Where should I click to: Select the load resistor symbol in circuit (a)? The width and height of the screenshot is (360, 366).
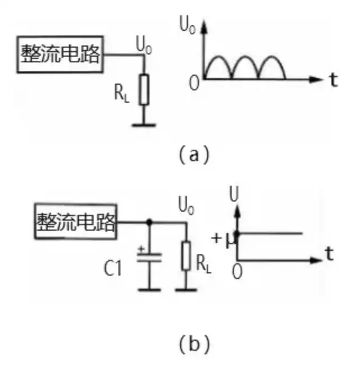pos(144,89)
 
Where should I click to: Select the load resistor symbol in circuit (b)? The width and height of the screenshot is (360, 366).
pos(186,256)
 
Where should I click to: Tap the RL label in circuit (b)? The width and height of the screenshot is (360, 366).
pos(204,264)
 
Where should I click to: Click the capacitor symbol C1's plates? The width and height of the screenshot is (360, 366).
pos(149,257)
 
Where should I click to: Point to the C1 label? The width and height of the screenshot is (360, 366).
pos(113,268)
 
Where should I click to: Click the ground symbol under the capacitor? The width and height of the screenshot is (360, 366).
pos(149,290)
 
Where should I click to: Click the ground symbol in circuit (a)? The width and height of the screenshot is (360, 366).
pos(144,125)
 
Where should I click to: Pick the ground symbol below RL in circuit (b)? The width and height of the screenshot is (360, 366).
pos(186,290)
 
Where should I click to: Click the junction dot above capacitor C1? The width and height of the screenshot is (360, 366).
pos(149,222)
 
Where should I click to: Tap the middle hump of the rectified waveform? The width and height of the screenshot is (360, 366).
pos(245,57)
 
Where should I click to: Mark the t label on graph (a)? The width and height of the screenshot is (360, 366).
pos(334,80)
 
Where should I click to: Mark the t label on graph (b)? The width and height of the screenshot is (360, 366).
pos(329,254)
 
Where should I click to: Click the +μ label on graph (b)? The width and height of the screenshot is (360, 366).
pos(223,240)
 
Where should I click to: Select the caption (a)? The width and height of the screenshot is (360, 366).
pos(194,154)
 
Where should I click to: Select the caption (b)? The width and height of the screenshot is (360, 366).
pos(194,345)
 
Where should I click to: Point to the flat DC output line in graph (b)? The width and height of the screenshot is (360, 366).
pos(270,233)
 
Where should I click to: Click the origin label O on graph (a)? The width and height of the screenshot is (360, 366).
pos(194,83)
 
